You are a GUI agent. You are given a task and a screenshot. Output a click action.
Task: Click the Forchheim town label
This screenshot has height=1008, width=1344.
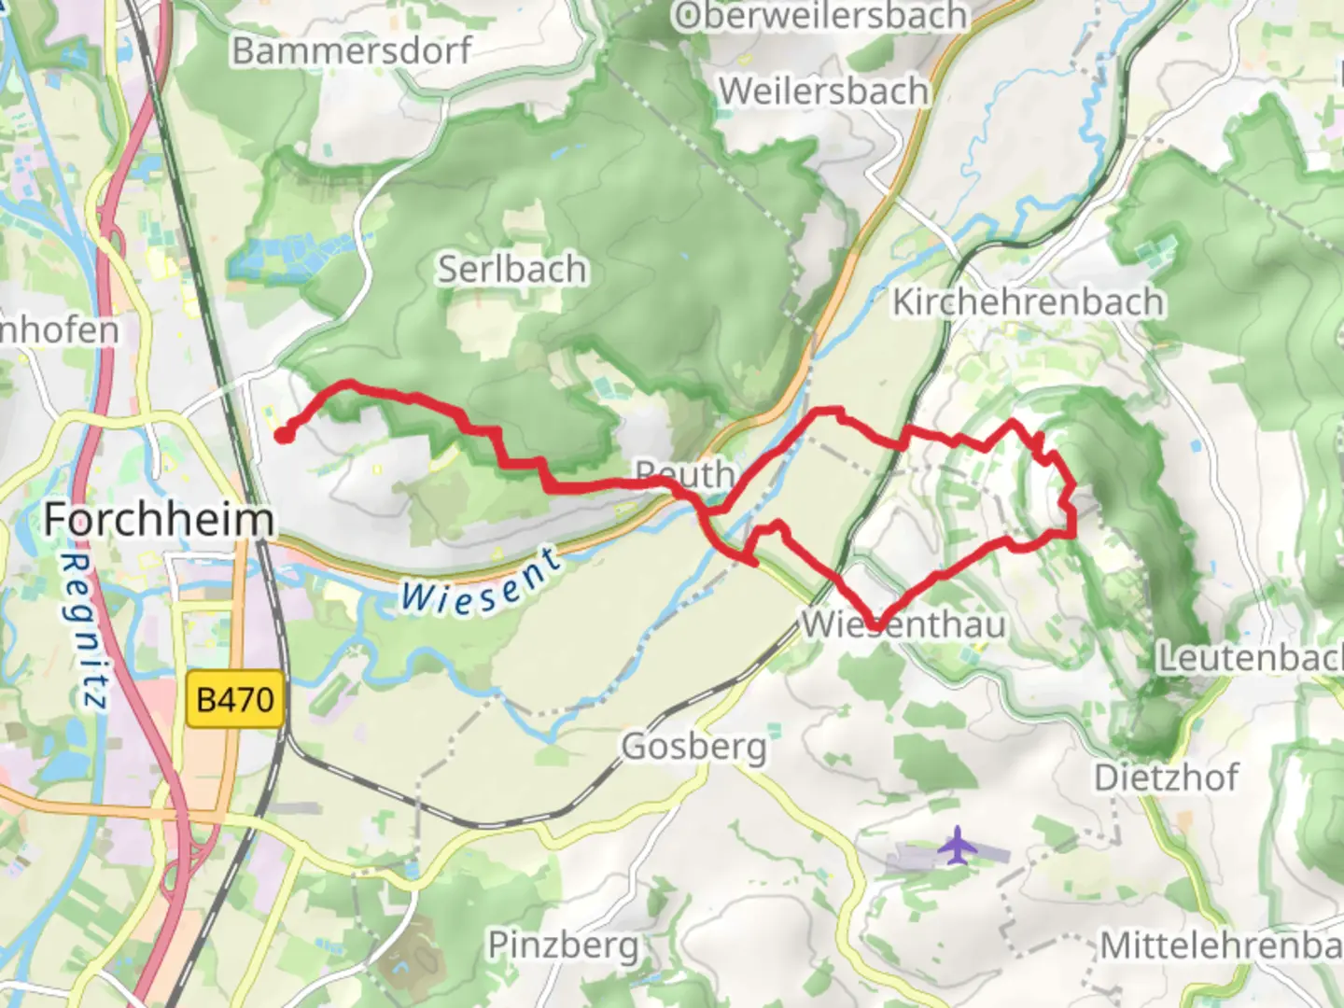159,519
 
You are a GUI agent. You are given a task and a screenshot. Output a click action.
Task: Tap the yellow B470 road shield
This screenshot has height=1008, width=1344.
235,699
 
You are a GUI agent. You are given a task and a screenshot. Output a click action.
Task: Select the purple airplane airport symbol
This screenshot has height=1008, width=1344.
957,846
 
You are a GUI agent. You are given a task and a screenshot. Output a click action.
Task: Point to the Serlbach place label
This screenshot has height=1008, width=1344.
512,269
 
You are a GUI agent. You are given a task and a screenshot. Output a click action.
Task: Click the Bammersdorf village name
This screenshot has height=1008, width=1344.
352,50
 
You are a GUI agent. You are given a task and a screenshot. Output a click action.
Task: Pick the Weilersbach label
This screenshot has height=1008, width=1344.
824,91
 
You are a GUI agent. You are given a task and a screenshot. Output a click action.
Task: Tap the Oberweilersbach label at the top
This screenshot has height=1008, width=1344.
821,17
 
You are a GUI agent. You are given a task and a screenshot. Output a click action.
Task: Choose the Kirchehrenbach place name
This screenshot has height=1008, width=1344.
1029,301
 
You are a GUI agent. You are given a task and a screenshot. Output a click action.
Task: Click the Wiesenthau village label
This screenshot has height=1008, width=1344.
903,624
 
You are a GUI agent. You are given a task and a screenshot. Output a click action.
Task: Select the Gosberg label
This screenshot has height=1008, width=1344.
693,746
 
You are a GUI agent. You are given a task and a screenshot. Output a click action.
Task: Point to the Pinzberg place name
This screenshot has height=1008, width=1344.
564,945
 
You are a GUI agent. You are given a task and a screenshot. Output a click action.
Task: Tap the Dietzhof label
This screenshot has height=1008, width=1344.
1166,777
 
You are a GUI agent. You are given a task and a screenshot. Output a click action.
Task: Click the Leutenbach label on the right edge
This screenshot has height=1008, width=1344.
1250,657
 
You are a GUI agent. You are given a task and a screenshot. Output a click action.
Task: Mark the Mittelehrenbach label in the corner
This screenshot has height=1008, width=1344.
1221,945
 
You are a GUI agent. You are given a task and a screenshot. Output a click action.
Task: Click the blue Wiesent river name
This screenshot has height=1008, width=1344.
482,584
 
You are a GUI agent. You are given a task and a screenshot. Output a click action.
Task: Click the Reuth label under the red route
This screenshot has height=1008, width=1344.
686,473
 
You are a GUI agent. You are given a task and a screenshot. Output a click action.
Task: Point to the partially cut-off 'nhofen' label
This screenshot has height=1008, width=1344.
60,329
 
